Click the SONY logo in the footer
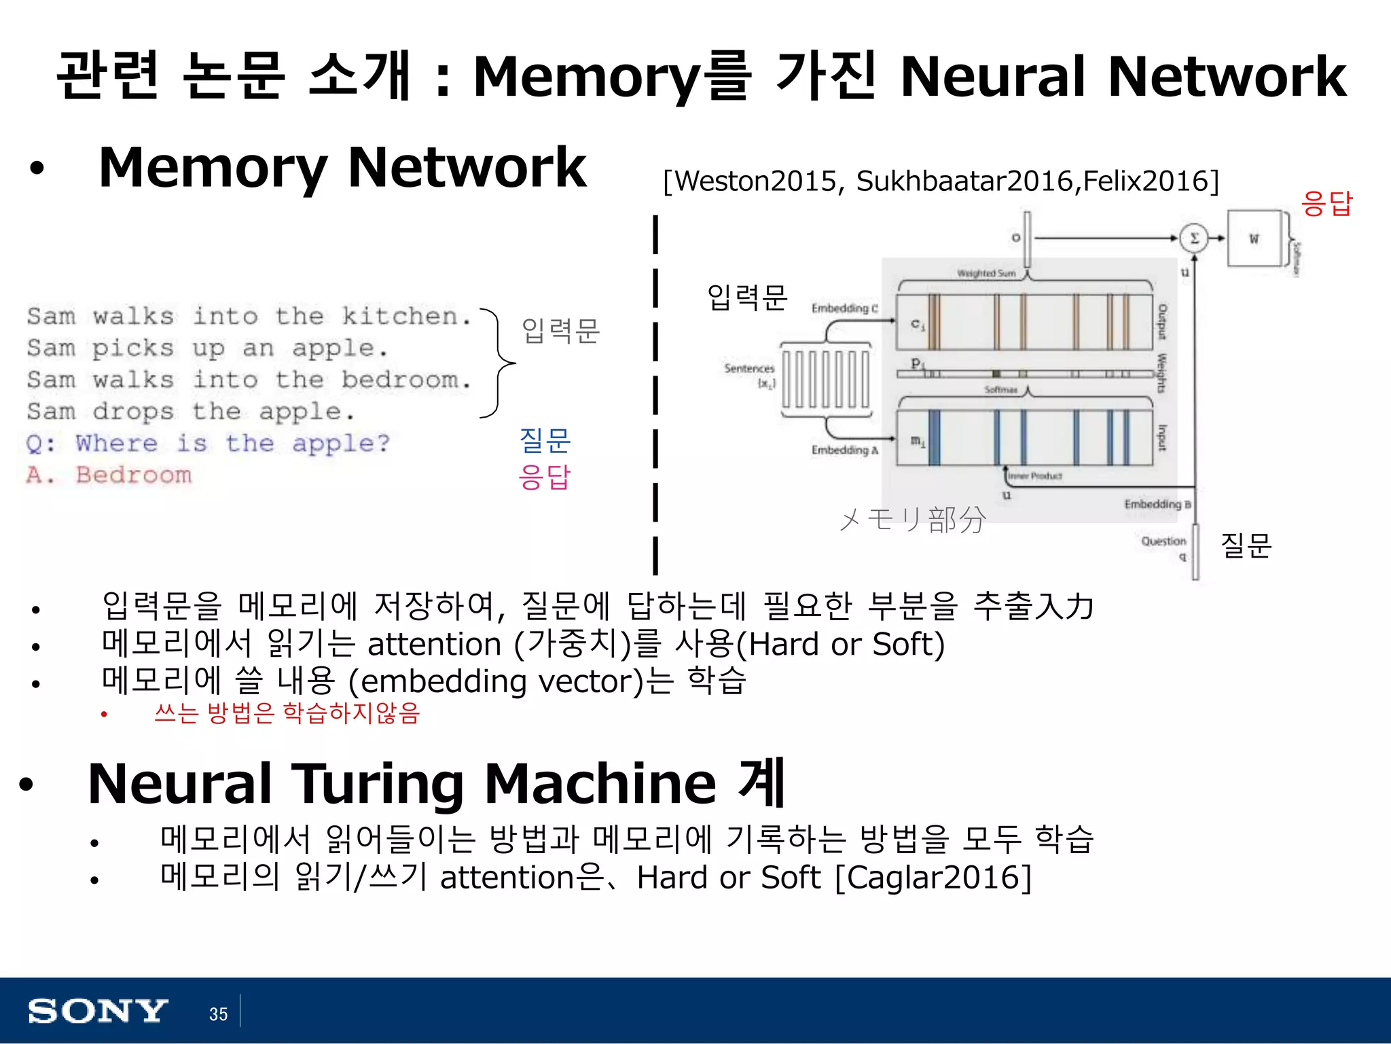[x=97, y=1011]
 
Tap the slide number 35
[x=218, y=1014]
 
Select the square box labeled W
[x=1253, y=238]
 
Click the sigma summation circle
[x=1193, y=238]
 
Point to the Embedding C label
[x=844, y=308]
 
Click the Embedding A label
[x=844, y=450]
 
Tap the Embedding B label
[x=1157, y=504]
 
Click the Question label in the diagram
[x=1163, y=541]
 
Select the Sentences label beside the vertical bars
[x=748, y=368]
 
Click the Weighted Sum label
[x=986, y=273]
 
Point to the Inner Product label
[x=1034, y=476]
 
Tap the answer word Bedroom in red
[x=133, y=475]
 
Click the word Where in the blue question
[x=116, y=443]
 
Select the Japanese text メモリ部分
[x=912, y=520]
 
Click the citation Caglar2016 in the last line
[x=933, y=877]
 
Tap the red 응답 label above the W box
[x=1326, y=203]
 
